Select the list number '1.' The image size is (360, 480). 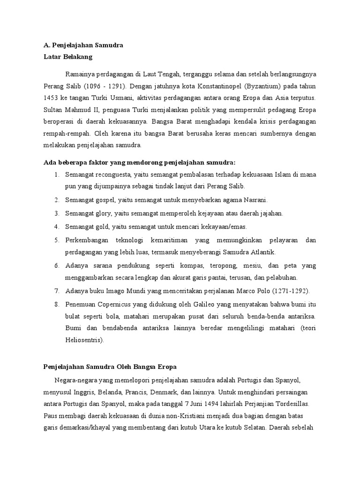tap(56, 175)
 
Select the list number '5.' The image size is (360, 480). tap(56, 240)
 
